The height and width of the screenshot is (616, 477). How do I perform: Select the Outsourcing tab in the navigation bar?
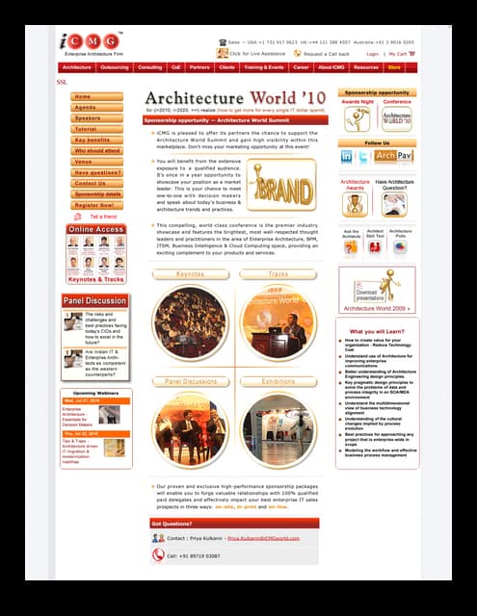(114, 67)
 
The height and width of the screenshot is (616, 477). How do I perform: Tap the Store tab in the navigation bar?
(394, 67)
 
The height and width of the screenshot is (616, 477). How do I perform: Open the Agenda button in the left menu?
(96, 108)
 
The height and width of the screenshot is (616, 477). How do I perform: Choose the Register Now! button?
(96, 205)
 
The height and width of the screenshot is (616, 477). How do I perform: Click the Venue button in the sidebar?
(96, 162)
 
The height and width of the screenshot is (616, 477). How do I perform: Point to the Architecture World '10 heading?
(235, 98)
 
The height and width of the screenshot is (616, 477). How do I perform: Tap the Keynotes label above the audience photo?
(190, 274)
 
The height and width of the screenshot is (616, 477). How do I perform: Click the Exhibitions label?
(278, 382)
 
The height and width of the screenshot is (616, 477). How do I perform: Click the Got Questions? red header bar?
(234, 523)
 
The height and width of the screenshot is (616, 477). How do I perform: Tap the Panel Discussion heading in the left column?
(95, 301)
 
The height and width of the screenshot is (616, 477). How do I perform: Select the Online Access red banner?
(95, 229)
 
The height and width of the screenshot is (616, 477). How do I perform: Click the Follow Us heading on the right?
(377, 142)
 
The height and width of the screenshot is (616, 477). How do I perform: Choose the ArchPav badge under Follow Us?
(393, 156)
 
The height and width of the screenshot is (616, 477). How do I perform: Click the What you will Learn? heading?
(377, 331)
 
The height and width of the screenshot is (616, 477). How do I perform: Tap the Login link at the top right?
(372, 54)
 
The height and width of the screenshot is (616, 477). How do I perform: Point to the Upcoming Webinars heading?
(95, 393)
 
